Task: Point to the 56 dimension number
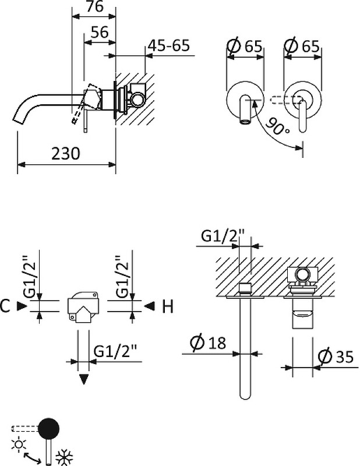100,33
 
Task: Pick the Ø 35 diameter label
336,357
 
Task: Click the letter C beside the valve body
6,306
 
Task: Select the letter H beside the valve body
167,306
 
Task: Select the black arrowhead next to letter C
23,305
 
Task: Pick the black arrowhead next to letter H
150,306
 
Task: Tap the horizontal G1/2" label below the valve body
114,352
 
